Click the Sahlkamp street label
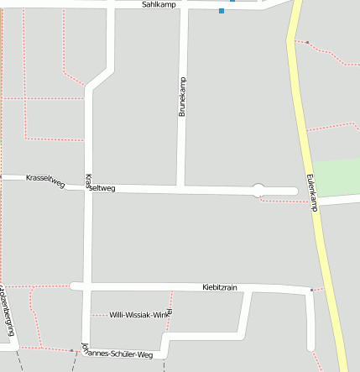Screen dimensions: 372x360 (158, 4)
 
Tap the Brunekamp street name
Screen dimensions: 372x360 (182, 97)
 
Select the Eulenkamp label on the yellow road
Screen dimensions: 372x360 (311, 192)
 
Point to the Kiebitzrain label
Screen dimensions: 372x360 (220, 287)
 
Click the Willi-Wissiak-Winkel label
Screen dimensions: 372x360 (141, 315)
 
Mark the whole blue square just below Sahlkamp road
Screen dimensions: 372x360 (222, 11)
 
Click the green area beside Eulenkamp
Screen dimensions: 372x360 (336, 177)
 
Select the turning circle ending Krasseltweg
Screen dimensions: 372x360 (258, 191)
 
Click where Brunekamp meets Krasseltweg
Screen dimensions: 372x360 (180, 188)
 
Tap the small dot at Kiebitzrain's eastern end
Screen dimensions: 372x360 (311, 291)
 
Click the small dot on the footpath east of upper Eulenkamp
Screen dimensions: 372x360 (307, 42)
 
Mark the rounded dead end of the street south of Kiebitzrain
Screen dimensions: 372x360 (310, 347)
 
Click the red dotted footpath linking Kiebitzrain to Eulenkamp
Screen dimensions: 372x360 (317, 290)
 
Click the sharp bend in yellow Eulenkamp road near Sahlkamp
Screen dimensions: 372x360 (290, 39)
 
